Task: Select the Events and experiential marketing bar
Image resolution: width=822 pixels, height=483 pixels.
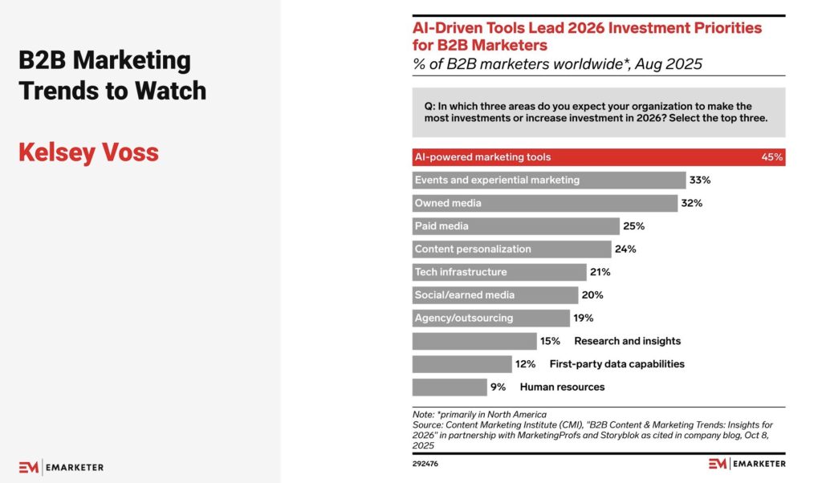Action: point(548,181)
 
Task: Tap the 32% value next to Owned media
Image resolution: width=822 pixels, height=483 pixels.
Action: point(691,203)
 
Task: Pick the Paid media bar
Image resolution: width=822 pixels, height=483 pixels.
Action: point(515,226)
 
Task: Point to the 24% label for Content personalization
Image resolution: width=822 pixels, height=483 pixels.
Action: point(625,249)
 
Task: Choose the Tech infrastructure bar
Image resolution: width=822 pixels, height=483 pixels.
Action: point(498,272)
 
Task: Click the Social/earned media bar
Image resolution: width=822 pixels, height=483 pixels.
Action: point(494,294)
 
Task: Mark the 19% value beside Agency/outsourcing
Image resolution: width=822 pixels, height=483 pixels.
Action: point(584,318)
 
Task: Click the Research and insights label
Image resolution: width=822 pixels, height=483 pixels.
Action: point(627,341)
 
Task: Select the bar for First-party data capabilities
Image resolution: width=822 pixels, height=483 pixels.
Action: point(462,364)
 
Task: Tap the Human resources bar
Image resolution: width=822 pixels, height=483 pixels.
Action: point(449,387)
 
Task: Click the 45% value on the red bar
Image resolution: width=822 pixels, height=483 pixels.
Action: point(772,157)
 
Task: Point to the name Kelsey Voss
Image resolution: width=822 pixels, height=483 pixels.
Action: point(88,152)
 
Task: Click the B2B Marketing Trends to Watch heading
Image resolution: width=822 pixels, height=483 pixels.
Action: point(112,75)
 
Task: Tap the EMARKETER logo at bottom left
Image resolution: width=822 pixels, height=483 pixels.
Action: point(61,467)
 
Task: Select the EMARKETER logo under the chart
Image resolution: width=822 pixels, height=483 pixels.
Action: point(747,464)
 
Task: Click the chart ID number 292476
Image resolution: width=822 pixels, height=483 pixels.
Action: point(425,464)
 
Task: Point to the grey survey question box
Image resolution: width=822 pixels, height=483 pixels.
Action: point(598,112)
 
